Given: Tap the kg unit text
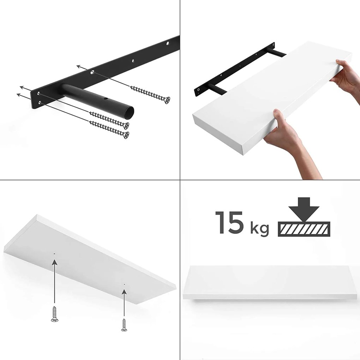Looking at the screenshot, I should pos(260,229).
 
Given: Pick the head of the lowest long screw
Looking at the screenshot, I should pos(125,135).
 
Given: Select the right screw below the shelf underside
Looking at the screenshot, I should pos(124,324).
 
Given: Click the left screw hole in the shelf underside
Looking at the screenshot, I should pos(54,253).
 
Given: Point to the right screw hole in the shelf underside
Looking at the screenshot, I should pos(124,284).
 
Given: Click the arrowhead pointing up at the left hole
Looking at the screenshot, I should pos(54,262).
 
